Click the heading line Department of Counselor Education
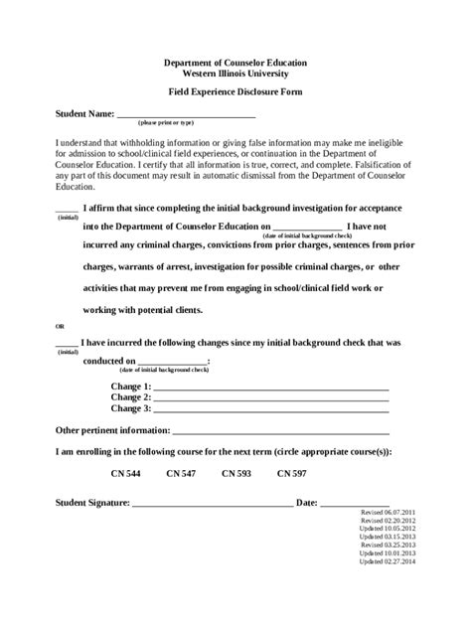(235, 62)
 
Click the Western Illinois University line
(235, 73)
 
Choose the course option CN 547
(181, 473)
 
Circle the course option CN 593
(236, 473)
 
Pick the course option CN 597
(292, 473)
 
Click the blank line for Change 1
(271, 388)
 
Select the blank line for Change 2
(271, 398)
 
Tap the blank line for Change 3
(271, 409)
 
